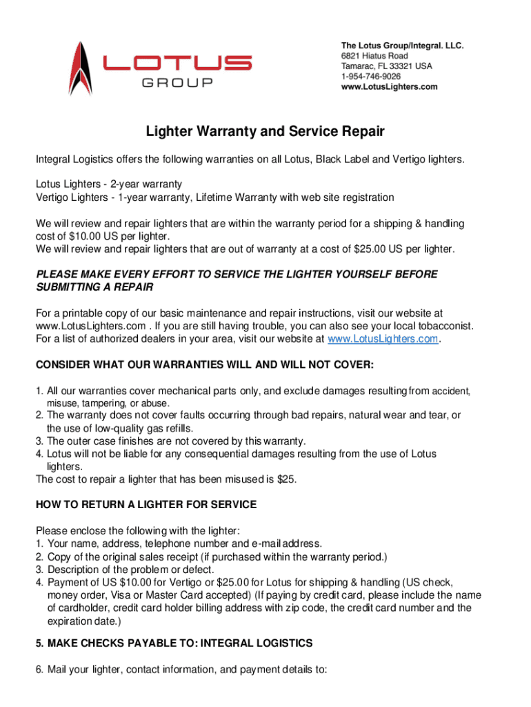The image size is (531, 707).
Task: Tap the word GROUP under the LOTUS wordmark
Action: click(x=177, y=84)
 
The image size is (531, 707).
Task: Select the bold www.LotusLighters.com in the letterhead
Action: click(x=389, y=87)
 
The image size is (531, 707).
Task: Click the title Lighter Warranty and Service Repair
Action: click(x=265, y=131)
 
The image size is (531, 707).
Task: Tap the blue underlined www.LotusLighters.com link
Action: click(x=383, y=339)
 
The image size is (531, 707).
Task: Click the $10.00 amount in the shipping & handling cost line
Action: click(x=88, y=236)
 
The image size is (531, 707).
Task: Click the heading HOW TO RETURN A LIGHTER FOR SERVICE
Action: click(x=146, y=505)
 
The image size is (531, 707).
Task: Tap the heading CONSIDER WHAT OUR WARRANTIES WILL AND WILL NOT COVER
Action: click(x=204, y=365)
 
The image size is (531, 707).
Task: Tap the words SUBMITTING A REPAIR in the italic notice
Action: click(x=94, y=287)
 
